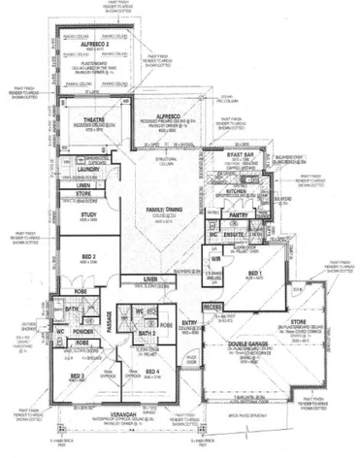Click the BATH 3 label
pos(146,332)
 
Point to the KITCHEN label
pos(237,191)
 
